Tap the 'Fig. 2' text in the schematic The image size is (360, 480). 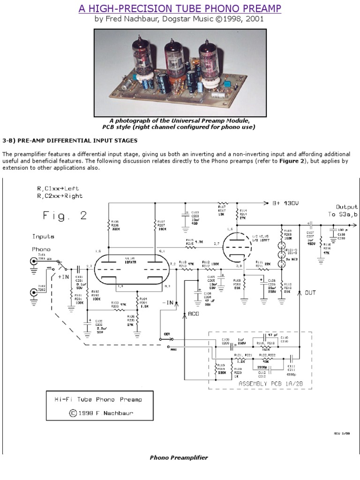tap(65, 216)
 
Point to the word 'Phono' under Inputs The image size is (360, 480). tap(41, 249)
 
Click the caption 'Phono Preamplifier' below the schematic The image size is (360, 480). tap(179, 457)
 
